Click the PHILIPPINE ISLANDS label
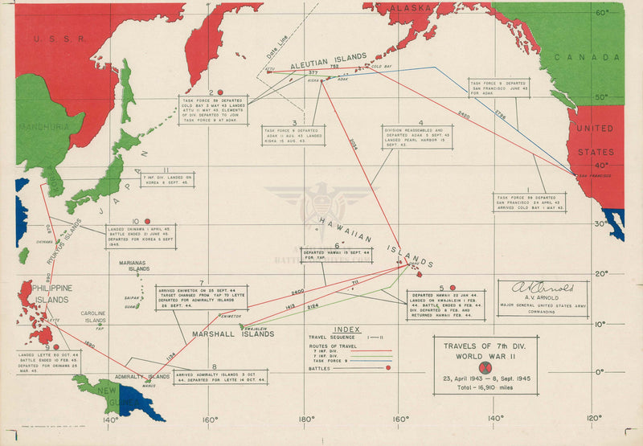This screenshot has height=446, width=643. point(51,294)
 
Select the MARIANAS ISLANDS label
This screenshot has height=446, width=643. point(133,268)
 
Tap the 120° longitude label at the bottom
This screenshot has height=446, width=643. point(593,419)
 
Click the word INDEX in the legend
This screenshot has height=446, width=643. point(346,329)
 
